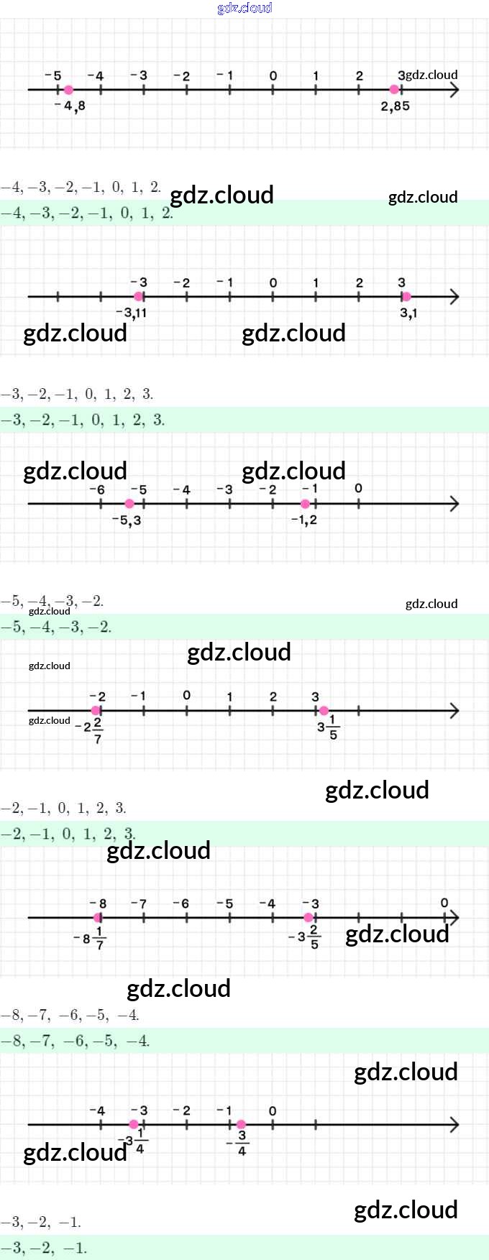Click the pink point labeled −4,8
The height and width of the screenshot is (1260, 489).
[x=68, y=90]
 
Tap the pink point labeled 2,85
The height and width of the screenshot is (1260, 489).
[x=394, y=90]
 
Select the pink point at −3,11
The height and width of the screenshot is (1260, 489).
[x=139, y=297]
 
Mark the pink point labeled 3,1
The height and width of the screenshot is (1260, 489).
[x=406, y=297]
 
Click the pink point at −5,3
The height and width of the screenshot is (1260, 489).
[x=129, y=504]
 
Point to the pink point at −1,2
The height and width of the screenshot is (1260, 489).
[x=306, y=504]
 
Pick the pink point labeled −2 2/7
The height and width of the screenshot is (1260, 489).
[x=96, y=711]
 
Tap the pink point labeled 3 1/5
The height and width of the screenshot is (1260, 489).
[x=324, y=711]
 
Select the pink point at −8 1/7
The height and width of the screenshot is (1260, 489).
[x=97, y=918]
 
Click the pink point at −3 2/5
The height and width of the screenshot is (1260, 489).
[x=309, y=918]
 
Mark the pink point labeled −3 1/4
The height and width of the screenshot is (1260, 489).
[x=134, y=1125]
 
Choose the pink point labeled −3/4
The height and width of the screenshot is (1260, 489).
[x=241, y=1125]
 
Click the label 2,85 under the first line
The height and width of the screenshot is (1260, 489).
[x=396, y=106]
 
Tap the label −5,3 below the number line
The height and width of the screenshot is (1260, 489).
[x=127, y=520]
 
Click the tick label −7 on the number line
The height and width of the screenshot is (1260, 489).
[x=140, y=903]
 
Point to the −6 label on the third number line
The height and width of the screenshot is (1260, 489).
[x=97, y=489]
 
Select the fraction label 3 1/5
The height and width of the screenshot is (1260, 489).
[x=327, y=727]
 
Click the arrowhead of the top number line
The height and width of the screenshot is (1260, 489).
[x=454, y=90]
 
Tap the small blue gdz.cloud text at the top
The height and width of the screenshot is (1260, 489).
[x=244, y=8]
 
